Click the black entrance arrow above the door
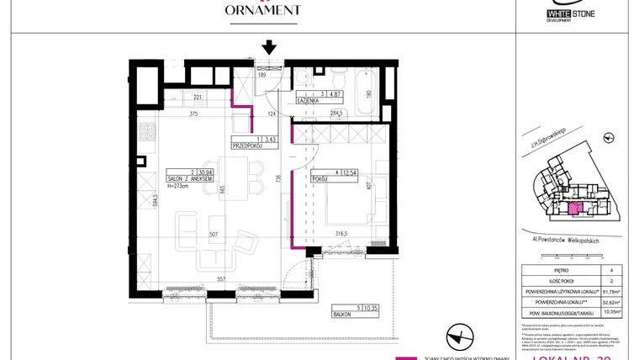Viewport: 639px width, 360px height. (269, 47)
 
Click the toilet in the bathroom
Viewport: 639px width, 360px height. (300, 78)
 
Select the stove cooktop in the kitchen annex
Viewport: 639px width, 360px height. (145, 133)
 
